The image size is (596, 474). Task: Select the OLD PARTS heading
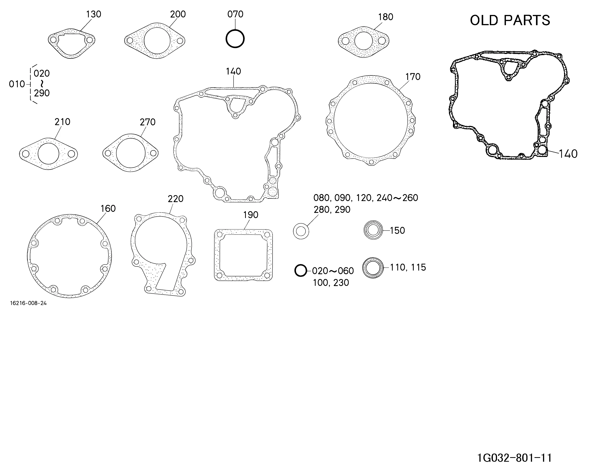[x=510, y=20]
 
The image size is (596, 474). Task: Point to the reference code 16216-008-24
[x=28, y=303]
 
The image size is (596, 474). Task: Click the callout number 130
[x=93, y=14]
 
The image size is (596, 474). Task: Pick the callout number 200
[x=178, y=14]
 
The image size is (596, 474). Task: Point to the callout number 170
[x=413, y=77]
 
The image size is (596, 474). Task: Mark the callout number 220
[x=175, y=199]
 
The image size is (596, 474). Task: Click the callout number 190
[x=251, y=215]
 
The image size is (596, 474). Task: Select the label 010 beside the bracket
[x=17, y=84]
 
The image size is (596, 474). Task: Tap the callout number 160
[x=108, y=208]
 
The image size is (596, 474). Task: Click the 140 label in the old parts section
[x=568, y=154]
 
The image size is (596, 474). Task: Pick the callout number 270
[x=148, y=122]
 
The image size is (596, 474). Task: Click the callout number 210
[x=62, y=122]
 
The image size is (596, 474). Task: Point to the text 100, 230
[x=331, y=283]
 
